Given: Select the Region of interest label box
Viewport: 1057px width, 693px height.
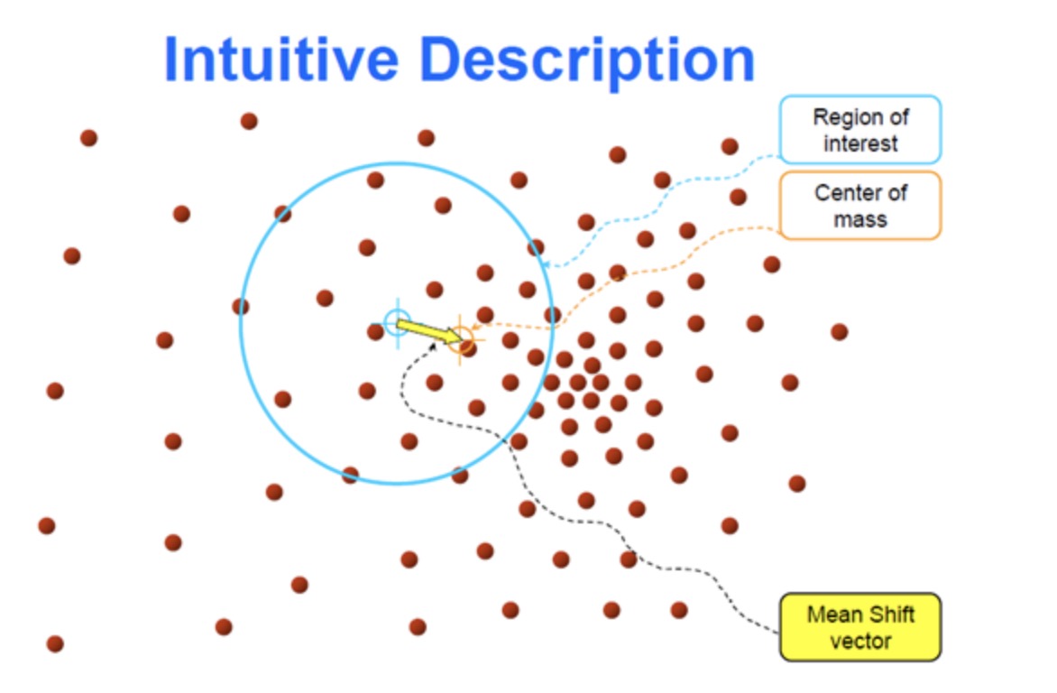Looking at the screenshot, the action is coord(860,130).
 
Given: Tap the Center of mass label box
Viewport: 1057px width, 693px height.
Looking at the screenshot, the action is coord(860,206).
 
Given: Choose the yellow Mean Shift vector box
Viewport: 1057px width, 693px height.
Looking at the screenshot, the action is coord(860,627).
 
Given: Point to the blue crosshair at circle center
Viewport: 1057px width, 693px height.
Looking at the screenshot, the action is coord(397,322).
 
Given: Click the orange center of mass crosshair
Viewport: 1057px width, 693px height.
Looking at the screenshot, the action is coord(461,338).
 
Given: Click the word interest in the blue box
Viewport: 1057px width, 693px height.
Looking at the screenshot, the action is coord(860,143).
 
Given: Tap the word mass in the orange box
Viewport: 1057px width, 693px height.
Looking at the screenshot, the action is coord(860,219).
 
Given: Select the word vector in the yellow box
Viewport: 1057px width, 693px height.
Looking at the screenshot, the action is coord(860,641).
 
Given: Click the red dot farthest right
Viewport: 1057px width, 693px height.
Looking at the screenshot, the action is coord(840,331).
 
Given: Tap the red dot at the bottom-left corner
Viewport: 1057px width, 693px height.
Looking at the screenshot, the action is coord(55,643).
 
